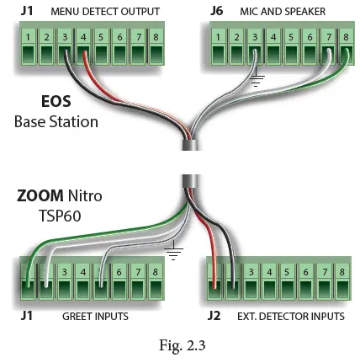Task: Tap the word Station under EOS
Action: point(75,121)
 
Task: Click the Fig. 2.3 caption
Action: point(182,345)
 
